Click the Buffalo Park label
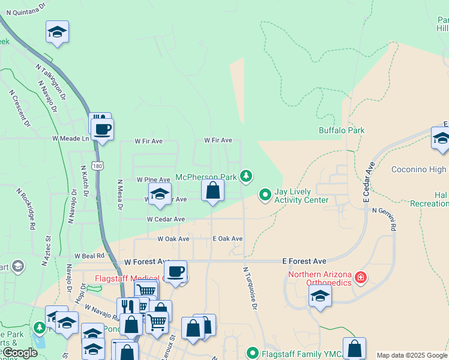point(341,130)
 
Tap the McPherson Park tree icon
point(246,176)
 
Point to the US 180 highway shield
point(96,164)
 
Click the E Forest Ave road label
point(304,262)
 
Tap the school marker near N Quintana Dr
point(57,32)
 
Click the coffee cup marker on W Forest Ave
point(175,271)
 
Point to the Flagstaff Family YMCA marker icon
point(252,353)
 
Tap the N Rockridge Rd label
point(28,210)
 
